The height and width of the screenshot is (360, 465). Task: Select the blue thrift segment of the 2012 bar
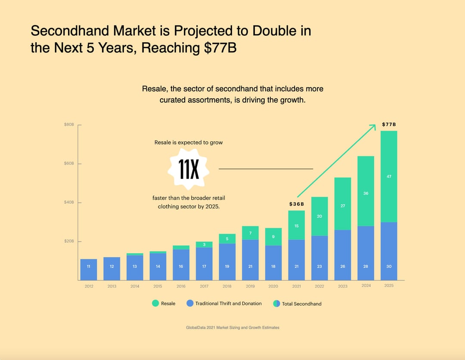(x=89, y=270)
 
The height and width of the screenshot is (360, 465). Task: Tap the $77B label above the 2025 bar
(x=389, y=124)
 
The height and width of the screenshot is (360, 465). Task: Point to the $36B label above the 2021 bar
(x=296, y=204)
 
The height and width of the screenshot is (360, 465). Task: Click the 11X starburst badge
(x=189, y=169)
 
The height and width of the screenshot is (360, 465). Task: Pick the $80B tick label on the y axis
(x=69, y=124)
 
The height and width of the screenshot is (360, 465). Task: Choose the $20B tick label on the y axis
(x=69, y=241)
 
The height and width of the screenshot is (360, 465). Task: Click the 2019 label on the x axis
(x=250, y=286)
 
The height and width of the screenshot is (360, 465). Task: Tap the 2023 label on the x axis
(x=343, y=286)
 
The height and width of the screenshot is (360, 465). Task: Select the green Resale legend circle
(x=155, y=303)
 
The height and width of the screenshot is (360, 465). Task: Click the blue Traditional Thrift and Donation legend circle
(x=190, y=303)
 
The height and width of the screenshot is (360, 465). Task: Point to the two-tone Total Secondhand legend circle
(x=276, y=304)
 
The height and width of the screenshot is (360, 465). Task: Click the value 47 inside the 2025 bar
(x=389, y=177)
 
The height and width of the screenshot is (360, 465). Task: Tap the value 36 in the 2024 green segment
(x=366, y=193)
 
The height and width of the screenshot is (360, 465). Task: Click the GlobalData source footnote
(x=232, y=328)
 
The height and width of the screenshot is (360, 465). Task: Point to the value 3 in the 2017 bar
(x=204, y=245)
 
